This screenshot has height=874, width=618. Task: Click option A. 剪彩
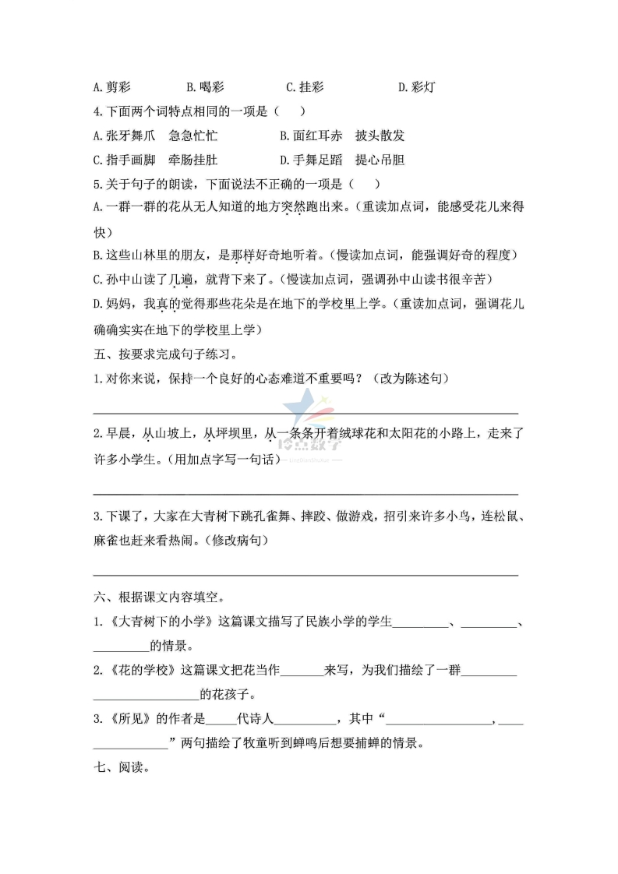pos(112,87)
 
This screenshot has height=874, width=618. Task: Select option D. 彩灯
pos(416,87)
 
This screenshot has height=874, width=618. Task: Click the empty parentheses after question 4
pos(289,111)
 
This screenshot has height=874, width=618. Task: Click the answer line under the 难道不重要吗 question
pos(305,412)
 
